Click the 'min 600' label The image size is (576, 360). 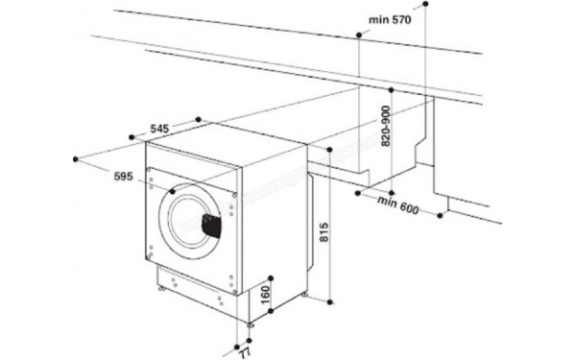pyautogui.click(x=400, y=205)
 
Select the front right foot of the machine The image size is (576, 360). pyautogui.click(x=252, y=324)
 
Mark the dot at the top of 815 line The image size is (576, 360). pyautogui.click(x=329, y=151)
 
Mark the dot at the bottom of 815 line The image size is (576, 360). pyautogui.click(x=329, y=298)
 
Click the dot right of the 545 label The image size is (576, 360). pyautogui.click(x=198, y=119)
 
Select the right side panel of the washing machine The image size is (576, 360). pyautogui.click(x=278, y=221)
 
